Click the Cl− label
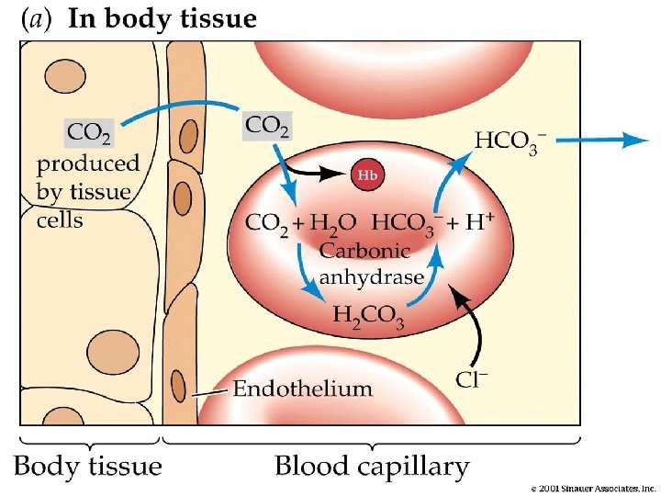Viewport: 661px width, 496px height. pyautogui.click(x=473, y=378)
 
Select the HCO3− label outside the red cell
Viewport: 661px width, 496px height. pyautogui.click(x=510, y=141)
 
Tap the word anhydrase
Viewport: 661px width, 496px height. pyautogui.click(x=372, y=276)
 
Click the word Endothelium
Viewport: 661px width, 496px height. pyautogui.click(x=302, y=389)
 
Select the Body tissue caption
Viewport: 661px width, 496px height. pyautogui.click(x=88, y=466)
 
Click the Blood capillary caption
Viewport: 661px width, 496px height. pyautogui.click(x=372, y=467)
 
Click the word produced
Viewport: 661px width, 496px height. pyautogui.click(x=88, y=164)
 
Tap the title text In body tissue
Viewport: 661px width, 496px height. pyautogui.click(x=162, y=19)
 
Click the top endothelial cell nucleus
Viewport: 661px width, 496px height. pyautogui.click(x=188, y=137)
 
